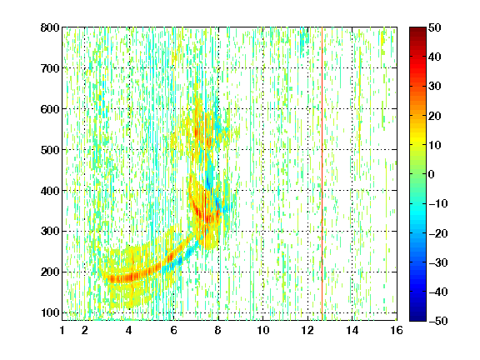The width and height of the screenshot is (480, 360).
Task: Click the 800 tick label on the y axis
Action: [x=50, y=27]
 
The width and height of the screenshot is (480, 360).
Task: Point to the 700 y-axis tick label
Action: [x=50, y=68]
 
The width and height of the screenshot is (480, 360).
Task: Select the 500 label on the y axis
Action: [x=50, y=150]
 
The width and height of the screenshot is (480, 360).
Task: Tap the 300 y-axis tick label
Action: [x=50, y=232]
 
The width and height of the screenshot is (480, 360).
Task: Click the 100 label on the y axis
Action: [x=50, y=312]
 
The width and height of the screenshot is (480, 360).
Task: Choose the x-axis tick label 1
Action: [x=62, y=330]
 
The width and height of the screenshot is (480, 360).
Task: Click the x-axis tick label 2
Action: [x=85, y=330]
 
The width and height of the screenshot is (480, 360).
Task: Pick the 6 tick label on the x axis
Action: [x=173, y=330]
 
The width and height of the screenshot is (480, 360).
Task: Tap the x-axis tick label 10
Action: [x=263, y=330]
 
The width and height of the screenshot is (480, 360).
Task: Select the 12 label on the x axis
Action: [x=307, y=330]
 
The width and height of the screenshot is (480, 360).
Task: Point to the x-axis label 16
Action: [x=397, y=330]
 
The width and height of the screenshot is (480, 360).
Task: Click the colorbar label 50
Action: [x=435, y=27]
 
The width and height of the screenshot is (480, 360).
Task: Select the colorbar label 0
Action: [x=432, y=174]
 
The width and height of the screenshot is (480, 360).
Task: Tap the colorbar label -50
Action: [x=438, y=321]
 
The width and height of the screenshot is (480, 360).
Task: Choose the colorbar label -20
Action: [x=438, y=233]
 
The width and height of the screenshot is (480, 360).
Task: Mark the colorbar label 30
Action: [x=435, y=86]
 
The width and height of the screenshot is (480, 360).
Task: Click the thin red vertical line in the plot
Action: [x=322, y=174]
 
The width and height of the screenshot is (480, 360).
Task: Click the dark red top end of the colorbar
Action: [x=417, y=29]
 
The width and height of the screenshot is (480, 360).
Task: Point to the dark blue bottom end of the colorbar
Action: [x=417, y=318]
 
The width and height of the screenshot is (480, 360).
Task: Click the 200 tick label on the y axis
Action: [x=50, y=272]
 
